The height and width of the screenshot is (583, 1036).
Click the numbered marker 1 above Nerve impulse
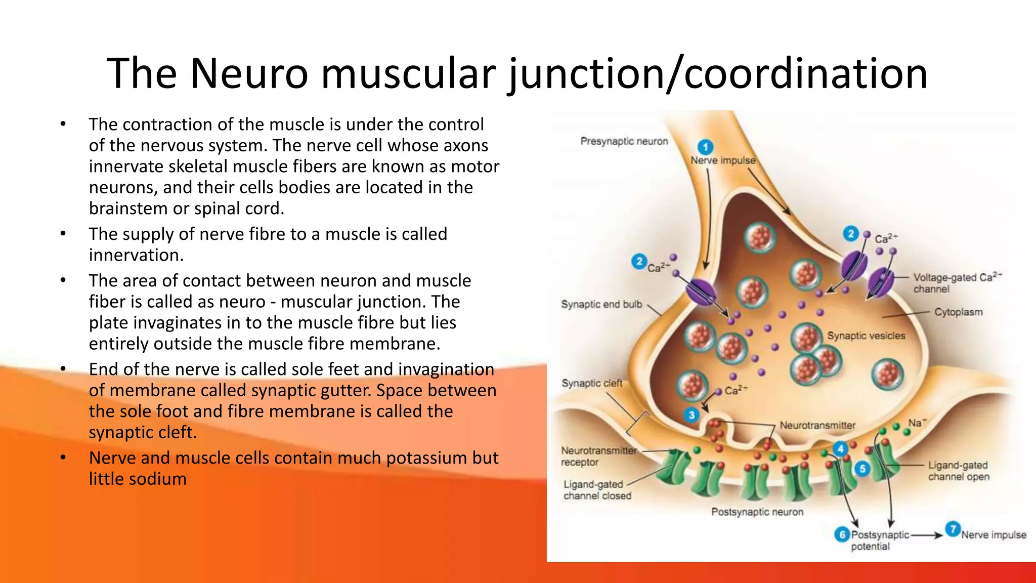705,147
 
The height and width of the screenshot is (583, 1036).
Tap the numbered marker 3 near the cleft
692,415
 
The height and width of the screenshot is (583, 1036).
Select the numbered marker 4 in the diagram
840,448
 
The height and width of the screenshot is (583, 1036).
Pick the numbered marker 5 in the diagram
862,469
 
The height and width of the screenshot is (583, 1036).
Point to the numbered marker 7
953,529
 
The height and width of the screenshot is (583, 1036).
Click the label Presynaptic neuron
624,141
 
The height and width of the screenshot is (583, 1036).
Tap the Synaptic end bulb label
601,304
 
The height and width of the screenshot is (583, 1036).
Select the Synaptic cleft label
591,383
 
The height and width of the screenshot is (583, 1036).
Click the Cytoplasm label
958,312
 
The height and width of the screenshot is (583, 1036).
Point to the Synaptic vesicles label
866,336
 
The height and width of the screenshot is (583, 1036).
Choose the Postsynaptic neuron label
757,512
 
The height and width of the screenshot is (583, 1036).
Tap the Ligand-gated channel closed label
597,490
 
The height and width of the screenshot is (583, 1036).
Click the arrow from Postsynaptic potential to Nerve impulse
927,535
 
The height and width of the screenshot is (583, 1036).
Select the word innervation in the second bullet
136,255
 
